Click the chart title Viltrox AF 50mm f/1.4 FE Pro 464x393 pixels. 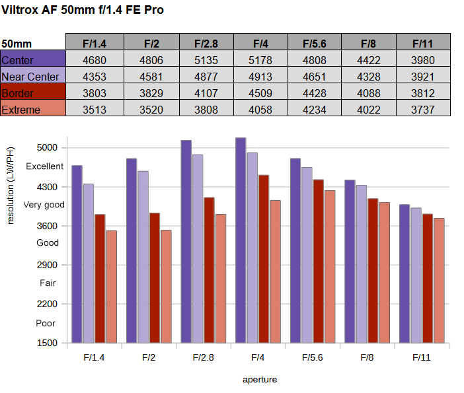point(83,10)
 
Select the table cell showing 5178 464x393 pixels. point(260,61)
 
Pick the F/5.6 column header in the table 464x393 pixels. point(315,44)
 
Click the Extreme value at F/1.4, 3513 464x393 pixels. point(94,110)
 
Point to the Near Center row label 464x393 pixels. point(31,77)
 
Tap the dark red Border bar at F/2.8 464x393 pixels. point(209,269)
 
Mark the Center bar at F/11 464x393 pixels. point(405,273)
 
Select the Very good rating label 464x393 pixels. point(44,205)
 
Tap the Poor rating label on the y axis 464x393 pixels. point(46,324)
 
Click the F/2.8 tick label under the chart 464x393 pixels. point(204,358)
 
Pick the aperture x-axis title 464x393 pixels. point(260,380)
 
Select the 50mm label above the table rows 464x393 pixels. point(17,44)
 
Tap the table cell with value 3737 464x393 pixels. point(423,110)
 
